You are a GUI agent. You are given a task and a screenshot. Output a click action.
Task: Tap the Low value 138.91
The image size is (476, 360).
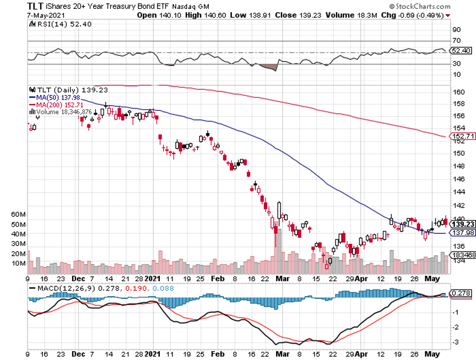tap(255, 15)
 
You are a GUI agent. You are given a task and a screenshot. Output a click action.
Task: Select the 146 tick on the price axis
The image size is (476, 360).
tap(457, 179)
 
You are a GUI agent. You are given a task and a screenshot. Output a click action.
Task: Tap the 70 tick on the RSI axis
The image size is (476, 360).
tap(456, 40)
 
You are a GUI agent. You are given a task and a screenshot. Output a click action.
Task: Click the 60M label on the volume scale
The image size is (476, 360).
tap(34, 214)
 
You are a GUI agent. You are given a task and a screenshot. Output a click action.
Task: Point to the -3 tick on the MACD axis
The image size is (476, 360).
tap(456, 342)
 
